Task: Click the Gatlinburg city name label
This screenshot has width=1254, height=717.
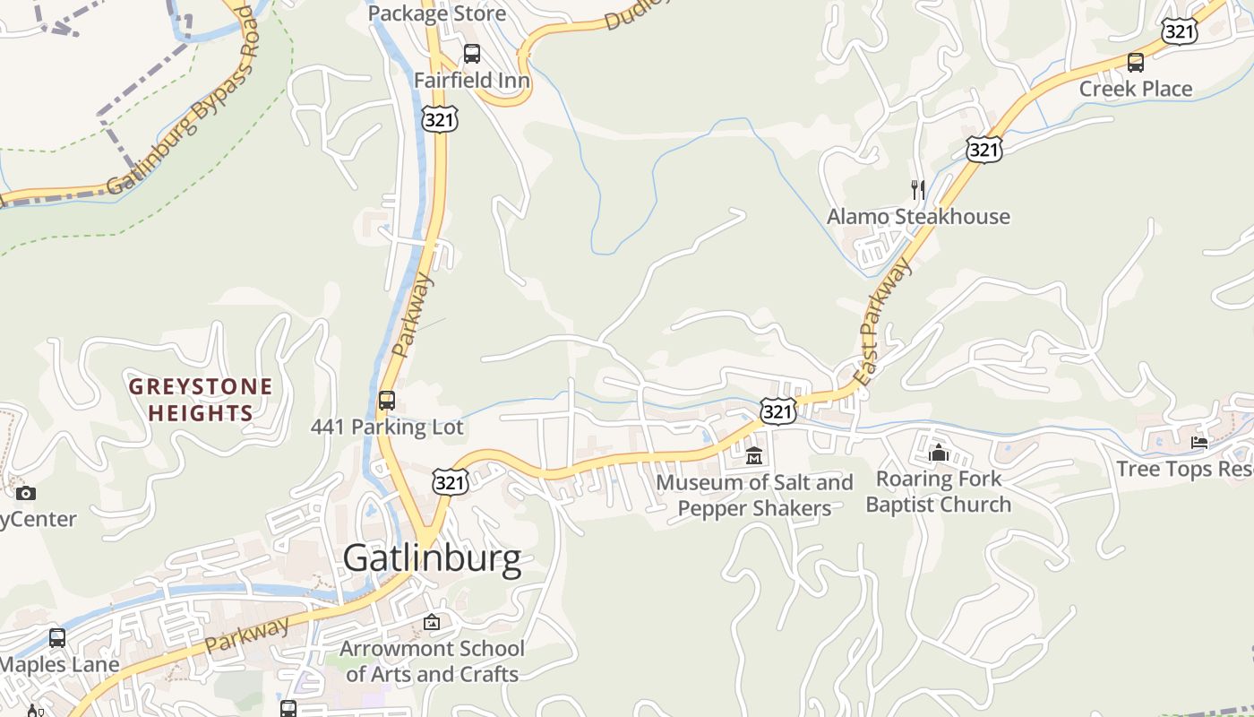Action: click(x=432, y=558)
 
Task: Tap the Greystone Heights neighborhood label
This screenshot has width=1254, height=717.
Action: click(x=200, y=400)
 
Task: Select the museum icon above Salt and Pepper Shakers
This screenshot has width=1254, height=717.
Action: click(x=753, y=456)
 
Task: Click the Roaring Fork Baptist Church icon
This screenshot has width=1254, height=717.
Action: click(x=938, y=453)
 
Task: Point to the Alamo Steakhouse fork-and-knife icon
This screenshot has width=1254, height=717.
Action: click(x=917, y=190)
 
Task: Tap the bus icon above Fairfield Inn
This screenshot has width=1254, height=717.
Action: click(x=471, y=54)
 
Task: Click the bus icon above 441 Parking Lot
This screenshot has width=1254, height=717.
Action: click(x=387, y=401)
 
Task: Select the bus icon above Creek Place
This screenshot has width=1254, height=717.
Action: click(x=1135, y=63)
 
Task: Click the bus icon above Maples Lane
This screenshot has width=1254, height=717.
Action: click(x=57, y=638)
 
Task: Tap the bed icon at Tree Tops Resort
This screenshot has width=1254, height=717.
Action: click(x=1198, y=442)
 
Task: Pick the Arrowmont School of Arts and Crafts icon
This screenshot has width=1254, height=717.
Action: click(x=432, y=621)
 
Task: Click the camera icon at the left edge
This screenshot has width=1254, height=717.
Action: click(x=26, y=493)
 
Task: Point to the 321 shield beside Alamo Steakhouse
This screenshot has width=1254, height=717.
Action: click(x=983, y=150)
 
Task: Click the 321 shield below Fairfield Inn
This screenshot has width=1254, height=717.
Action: click(x=440, y=118)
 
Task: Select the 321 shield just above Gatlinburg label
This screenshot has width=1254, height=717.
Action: click(x=449, y=482)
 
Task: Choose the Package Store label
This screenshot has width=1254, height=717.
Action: click(x=437, y=13)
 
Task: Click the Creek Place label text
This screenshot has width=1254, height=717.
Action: click(x=1135, y=89)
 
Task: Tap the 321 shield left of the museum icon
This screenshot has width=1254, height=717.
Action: click(x=777, y=411)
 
